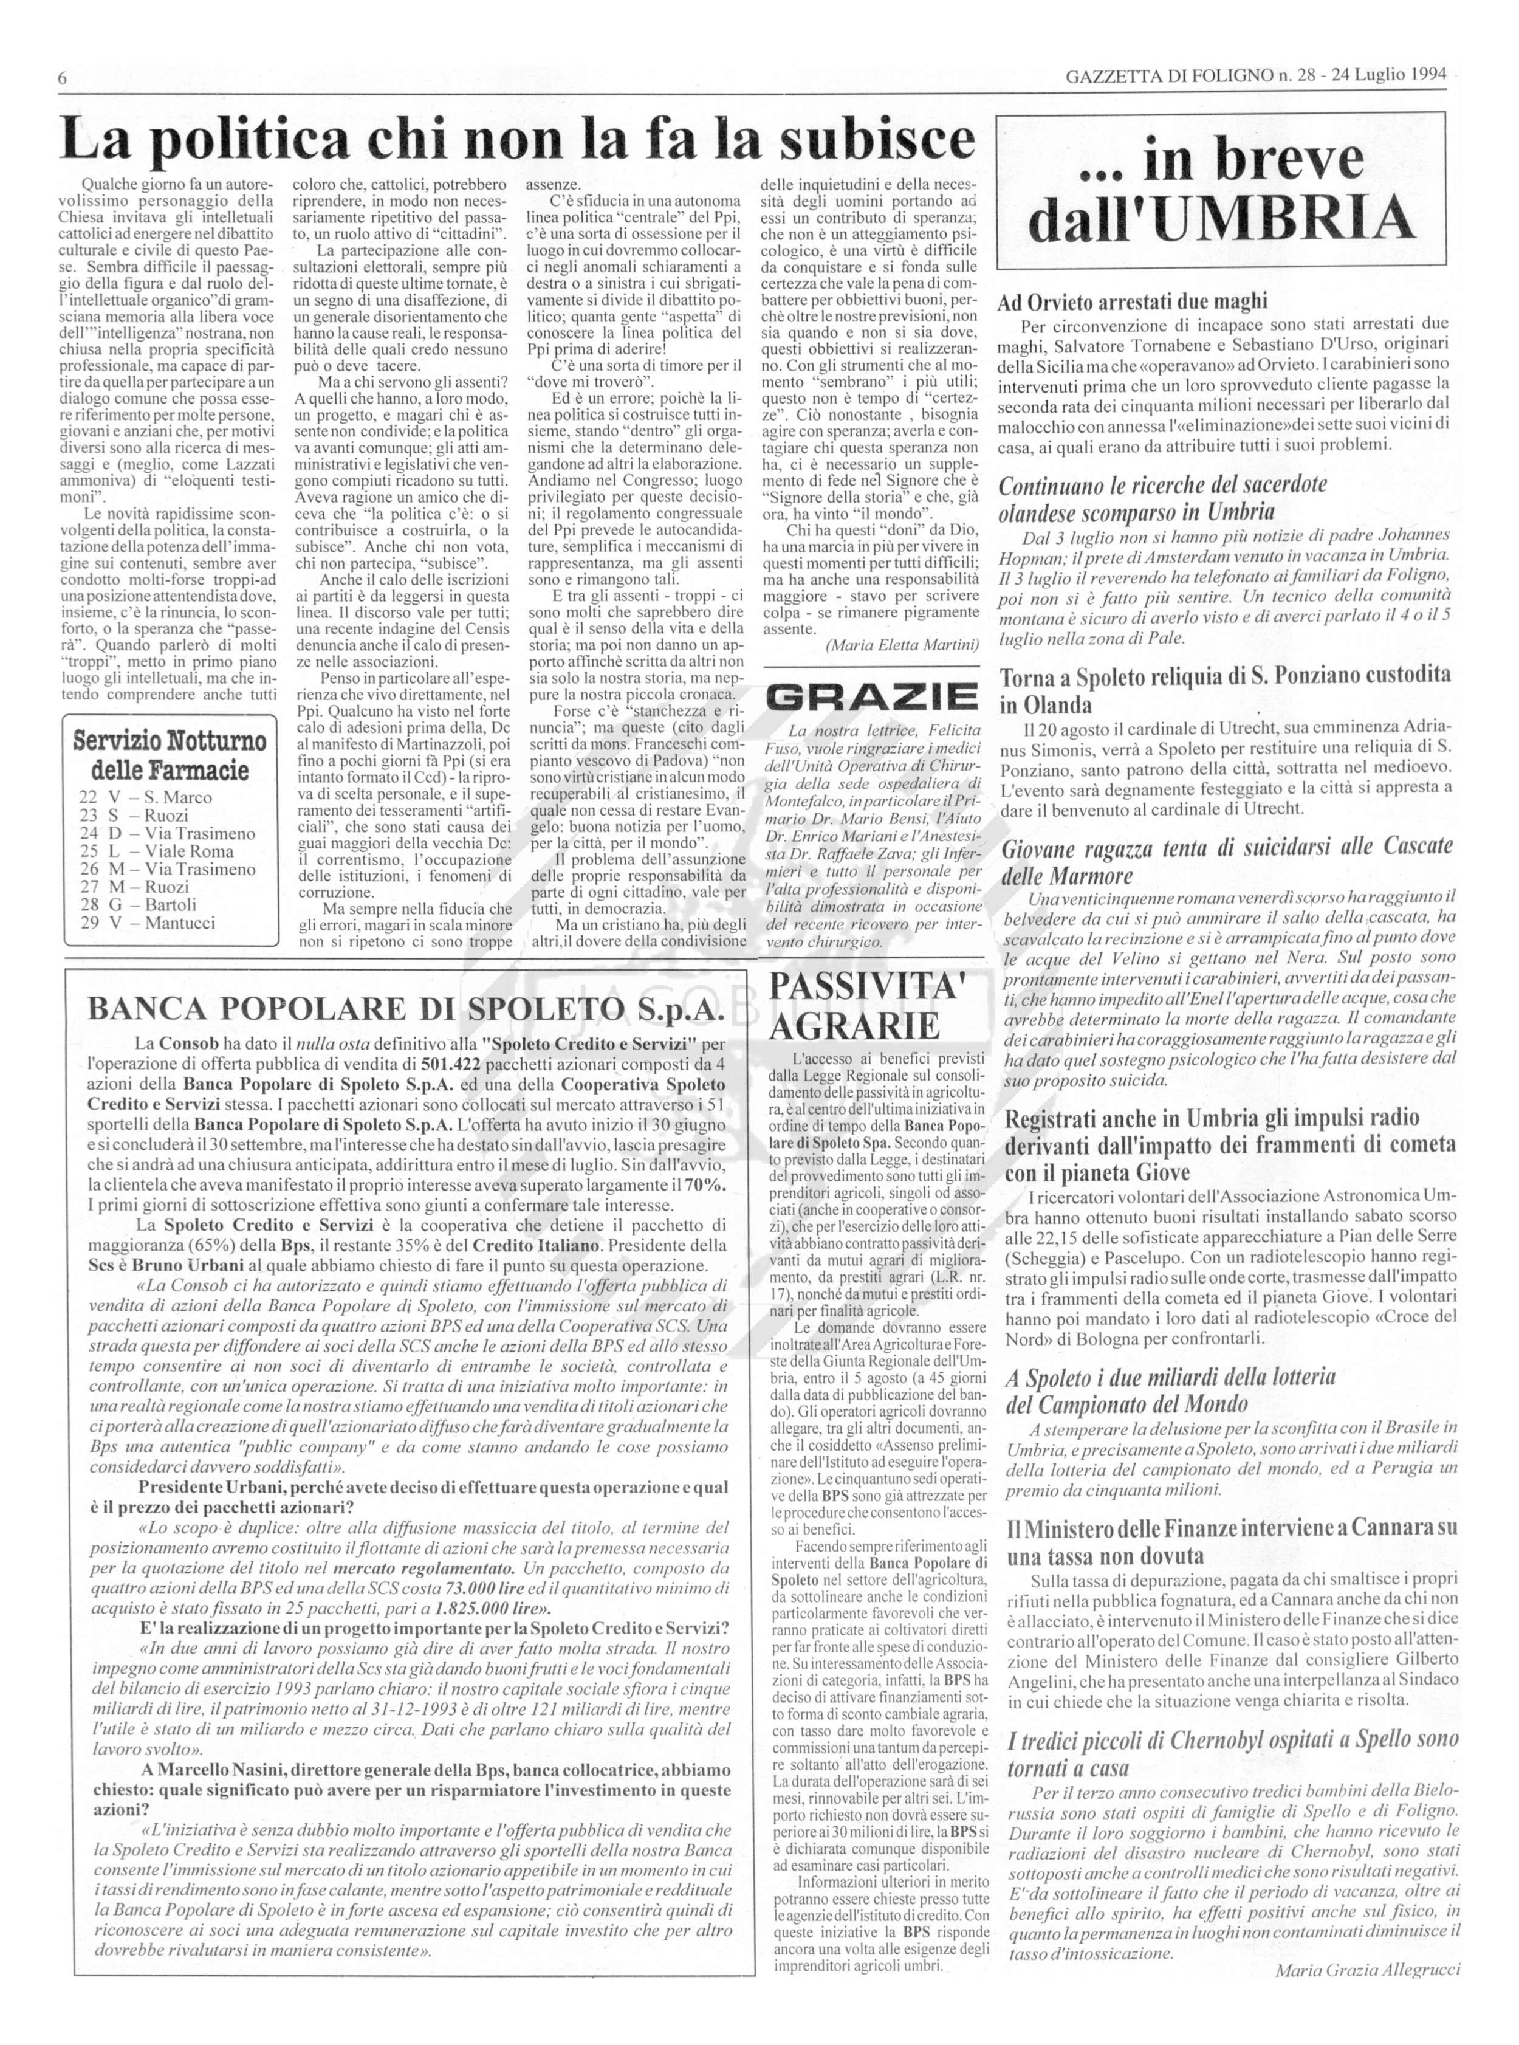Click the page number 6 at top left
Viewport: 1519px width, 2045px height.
point(63,78)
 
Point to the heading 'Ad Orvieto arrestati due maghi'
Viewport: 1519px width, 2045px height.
point(1132,301)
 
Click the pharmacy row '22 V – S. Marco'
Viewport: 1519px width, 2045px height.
point(145,797)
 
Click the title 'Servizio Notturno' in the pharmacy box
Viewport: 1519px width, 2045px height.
point(170,740)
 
